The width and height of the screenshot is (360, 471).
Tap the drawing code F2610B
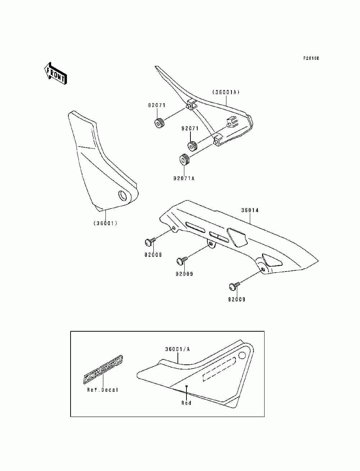pyautogui.click(x=311, y=58)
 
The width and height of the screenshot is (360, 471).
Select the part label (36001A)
pyautogui.click(x=226, y=92)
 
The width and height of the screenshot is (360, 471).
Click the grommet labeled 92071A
pyautogui.click(x=185, y=159)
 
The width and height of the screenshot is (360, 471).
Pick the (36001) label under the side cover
pyautogui.click(x=106, y=223)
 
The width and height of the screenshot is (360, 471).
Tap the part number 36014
pyautogui.click(x=250, y=210)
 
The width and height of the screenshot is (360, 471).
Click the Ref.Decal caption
pyautogui.click(x=103, y=390)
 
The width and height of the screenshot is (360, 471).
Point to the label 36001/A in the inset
pyautogui.click(x=177, y=349)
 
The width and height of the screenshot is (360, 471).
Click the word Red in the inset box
pyautogui.click(x=186, y=403)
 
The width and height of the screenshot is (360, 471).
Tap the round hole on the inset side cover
pyautogui.click(x=243, y=356)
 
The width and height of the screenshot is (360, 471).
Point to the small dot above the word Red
pyautogui.click(x=186, y=386)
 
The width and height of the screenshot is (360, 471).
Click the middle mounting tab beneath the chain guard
pyautogui.click(x=211, y=245)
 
